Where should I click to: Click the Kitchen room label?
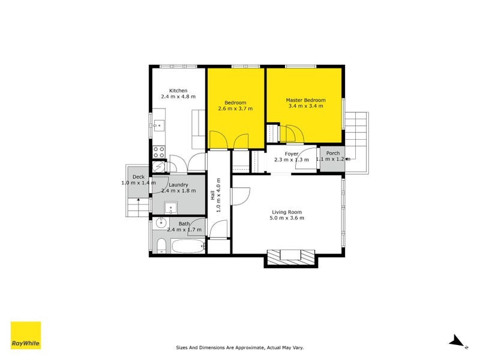click(x=178, y=91)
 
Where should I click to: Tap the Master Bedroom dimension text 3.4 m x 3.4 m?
click(x=305, y=106)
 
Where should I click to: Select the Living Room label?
click(x=286, y=212)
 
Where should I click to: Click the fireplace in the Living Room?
click(x=291, y=256)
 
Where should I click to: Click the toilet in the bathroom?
click(x=160, y=245)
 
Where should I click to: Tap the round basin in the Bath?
click(x=160, y=224)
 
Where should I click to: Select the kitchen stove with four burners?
click(x=159, y=152)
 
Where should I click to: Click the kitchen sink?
click(x=159, y=125)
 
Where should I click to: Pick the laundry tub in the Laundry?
click(x=171, y=209)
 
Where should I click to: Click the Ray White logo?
click(x=26, y=335)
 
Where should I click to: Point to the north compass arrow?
click(x=458, y=341)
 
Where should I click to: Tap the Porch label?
click(x=332, y=154)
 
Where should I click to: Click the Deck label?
click(x=139, y=176)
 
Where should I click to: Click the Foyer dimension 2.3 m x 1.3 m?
click(x=291, y=160)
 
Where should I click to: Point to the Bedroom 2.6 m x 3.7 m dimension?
click(x=235, y=109)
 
